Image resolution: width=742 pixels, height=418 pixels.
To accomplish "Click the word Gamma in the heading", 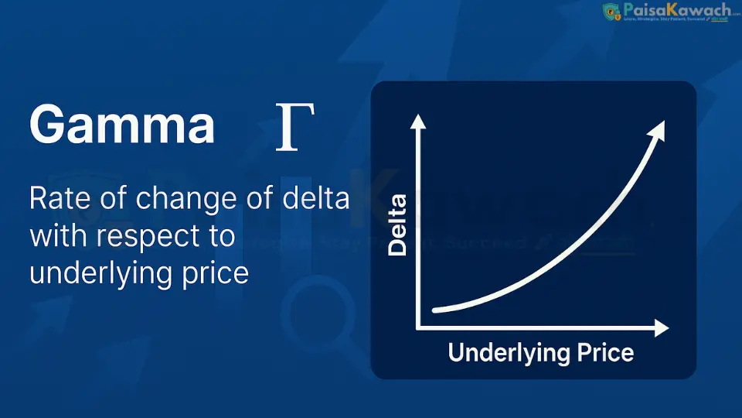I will [122, 125].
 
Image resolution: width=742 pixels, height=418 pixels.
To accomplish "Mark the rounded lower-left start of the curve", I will [437, 310].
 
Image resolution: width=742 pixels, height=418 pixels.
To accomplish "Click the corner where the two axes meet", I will [418, 327].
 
